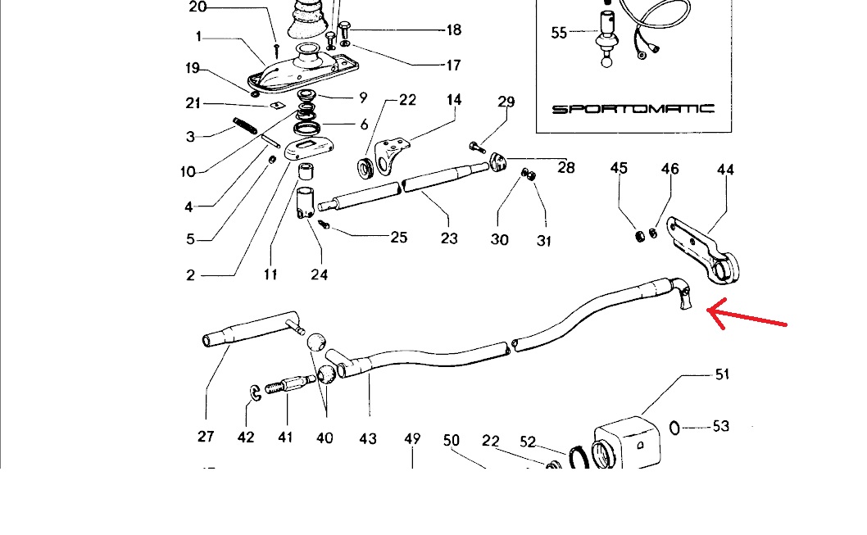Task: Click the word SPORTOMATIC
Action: point(633,108)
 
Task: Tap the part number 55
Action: point(559,33)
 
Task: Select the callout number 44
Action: point(725,170)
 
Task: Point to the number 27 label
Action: point(206,437)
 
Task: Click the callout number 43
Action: point(368,438)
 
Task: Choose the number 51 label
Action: point(721,374)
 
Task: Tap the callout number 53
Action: point(721,426)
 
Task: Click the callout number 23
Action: point(449,238)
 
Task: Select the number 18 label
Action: point(453,30)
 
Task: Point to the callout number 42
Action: point(246,438)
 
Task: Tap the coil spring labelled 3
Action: point(245,125)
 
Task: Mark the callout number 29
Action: point(506,102)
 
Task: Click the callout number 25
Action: point(398,238)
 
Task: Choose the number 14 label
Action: point(453,100)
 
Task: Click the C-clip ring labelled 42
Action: point(255,395)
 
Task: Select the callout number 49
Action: point(412,439)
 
